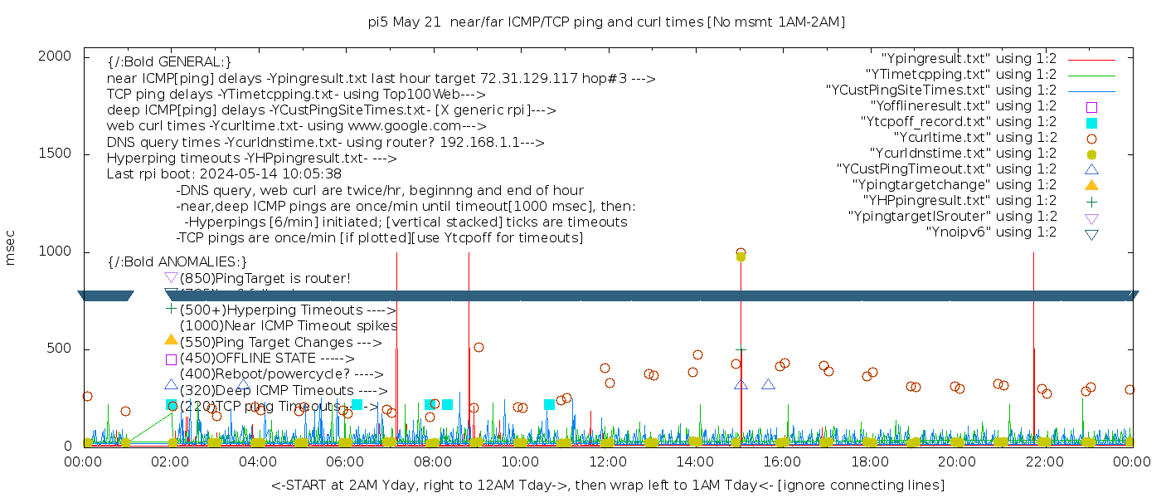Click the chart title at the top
tap(607, 22)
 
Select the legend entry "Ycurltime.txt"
tap(974, 138)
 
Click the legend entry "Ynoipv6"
tap(991, 232)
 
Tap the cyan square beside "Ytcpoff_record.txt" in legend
tap(1091, 123)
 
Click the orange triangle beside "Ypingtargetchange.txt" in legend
tap(1091, 185)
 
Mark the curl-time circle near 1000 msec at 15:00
tap(741, 253)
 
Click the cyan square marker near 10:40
tap(549, 405)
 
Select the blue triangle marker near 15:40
tap(768, 384)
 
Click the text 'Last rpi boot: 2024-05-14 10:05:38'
tap(224, 174)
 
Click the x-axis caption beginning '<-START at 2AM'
tap(607, 484)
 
